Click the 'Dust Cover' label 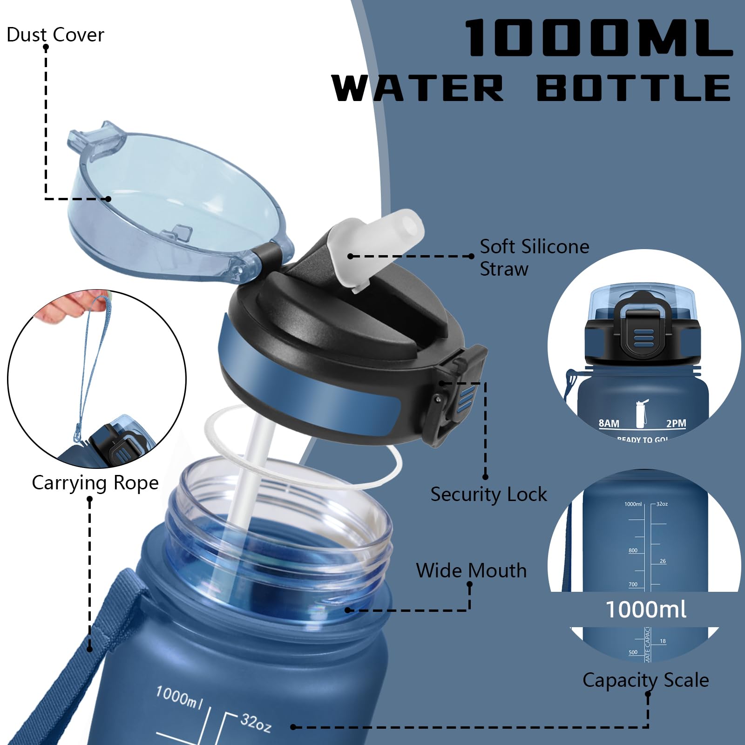click(55, 35)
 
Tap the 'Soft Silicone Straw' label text click(534, 257)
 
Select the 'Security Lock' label click(488, 494)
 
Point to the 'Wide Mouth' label click(471, 571)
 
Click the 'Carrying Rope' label click(95, 483)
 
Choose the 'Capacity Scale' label click(645, 680)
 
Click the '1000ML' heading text click(598, 38)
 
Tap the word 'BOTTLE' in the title click(633, 88)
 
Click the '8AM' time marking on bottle click(609, 423)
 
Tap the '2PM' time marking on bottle click(676, 423)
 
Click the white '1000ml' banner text click(645, 610)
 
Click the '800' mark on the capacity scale click(633, 550)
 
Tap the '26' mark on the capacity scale click(663, 561)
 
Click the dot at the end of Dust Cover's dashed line click(108, 199)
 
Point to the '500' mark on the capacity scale click(633, 652)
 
